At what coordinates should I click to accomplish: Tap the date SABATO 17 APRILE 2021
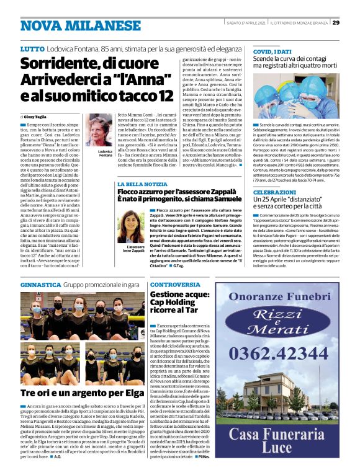(247, 22)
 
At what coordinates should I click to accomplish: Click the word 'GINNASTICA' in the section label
(40, 284)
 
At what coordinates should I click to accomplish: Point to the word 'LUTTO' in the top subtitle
(32, 48)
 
